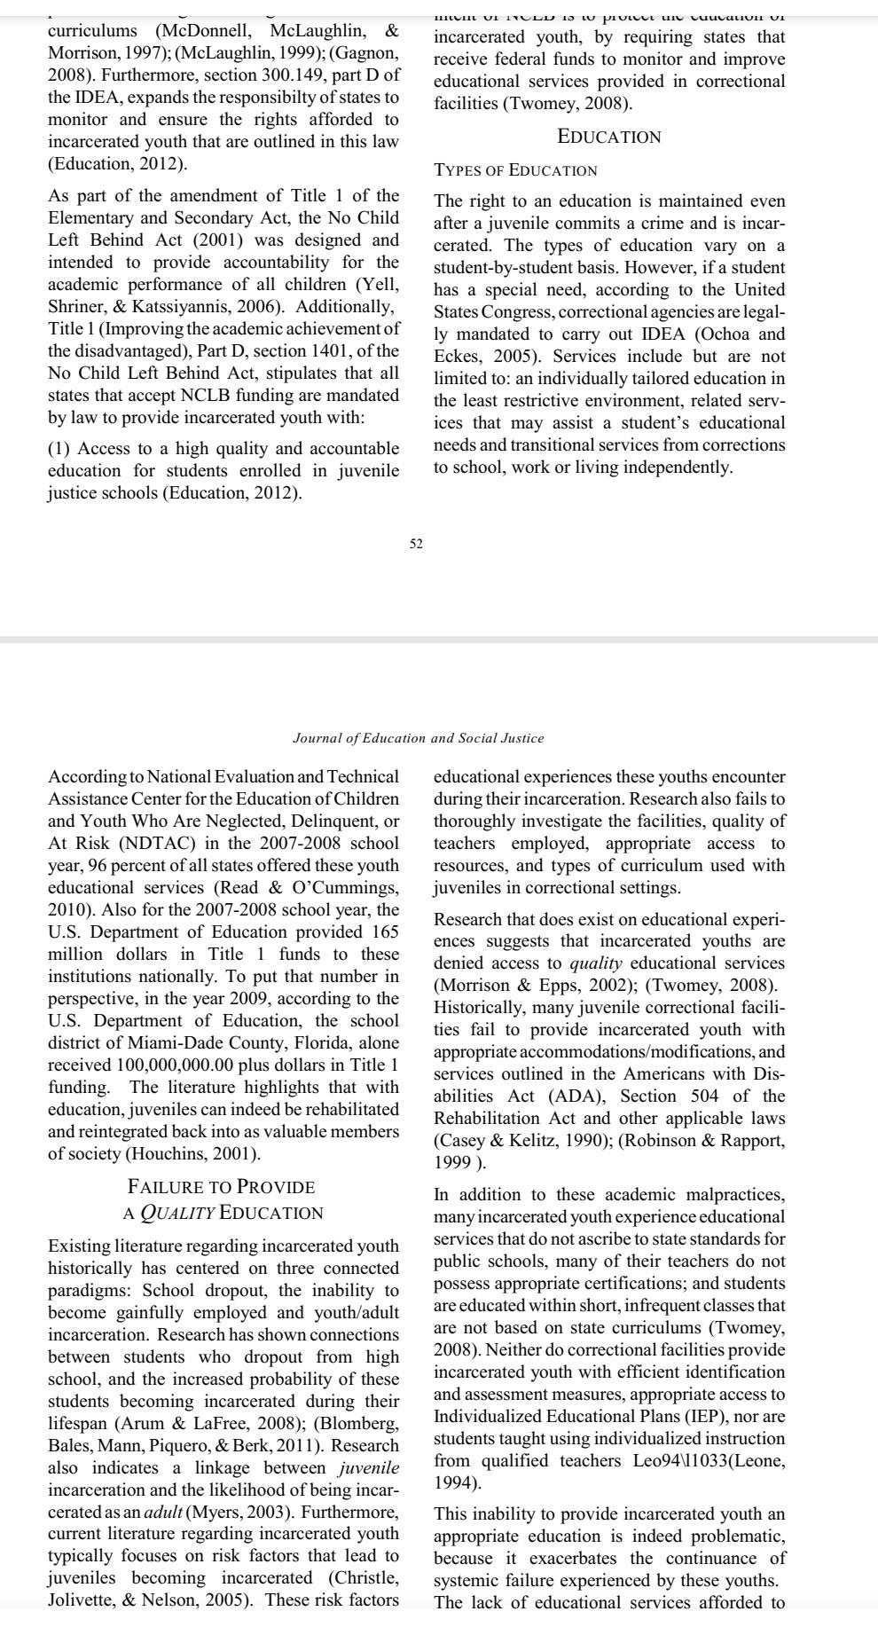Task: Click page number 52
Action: tap(416, 544)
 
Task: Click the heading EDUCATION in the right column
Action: tap(608, 137)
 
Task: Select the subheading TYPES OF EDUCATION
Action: tap(515, 170)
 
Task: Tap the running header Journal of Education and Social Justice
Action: tap(418, 738)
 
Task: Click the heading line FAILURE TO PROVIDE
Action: tap(222, 1187)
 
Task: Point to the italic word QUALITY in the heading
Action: tap(176, 1213)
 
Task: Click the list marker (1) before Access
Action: tap(59, 449)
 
